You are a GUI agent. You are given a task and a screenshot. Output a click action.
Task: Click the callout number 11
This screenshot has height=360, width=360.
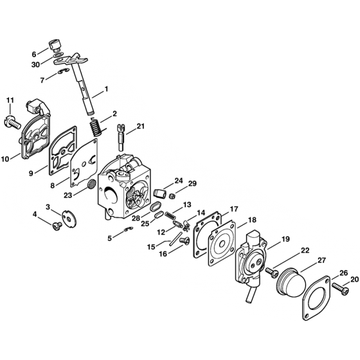10,100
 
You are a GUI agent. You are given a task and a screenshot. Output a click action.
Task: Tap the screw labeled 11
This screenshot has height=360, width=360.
11,118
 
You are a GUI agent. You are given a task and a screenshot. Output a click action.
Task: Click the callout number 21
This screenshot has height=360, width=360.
141,126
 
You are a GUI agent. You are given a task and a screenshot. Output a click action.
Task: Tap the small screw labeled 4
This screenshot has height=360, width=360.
55,228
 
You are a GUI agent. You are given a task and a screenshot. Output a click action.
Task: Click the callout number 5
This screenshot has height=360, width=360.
110,237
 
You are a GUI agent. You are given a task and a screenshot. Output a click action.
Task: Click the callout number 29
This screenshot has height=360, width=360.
192,183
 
